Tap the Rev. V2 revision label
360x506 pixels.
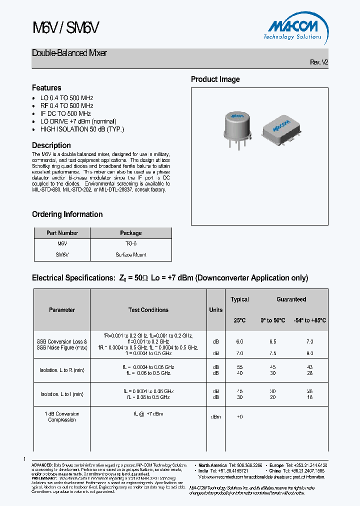point(319,62)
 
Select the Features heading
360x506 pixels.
point(46,87)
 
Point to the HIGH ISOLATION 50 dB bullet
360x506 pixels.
point(82,129)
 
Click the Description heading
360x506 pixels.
point(51,145)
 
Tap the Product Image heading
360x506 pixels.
point(215,79)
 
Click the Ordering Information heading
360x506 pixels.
point(67,214)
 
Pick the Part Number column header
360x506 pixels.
point(62,233)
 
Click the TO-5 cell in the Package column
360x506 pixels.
point(131,243)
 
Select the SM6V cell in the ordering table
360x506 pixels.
point(62,254)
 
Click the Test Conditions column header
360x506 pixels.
point(148,310)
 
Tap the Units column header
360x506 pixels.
point(215,310)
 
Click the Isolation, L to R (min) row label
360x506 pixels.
point(62,370)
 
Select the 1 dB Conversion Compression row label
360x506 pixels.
point(62,417)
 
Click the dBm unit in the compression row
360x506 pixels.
point(215,417)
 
